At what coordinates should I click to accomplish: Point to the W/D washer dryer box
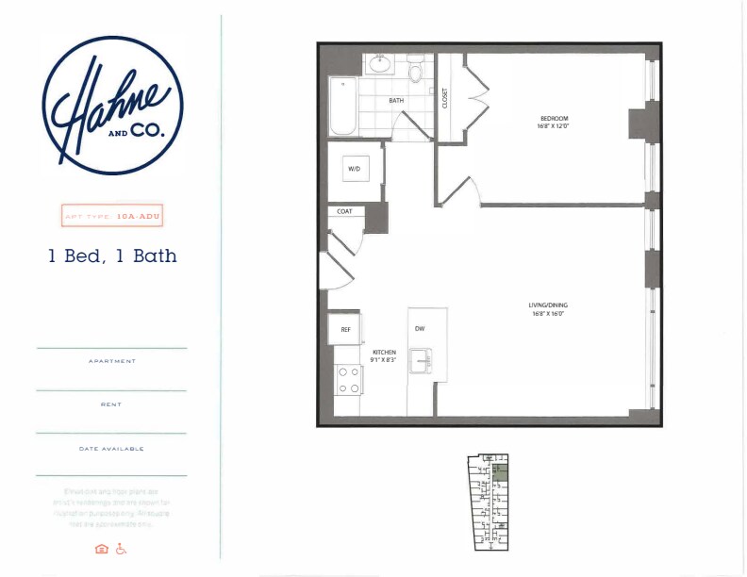point(356,169)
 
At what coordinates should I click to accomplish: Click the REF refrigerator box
point(346,330)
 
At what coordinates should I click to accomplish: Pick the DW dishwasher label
point(420,329)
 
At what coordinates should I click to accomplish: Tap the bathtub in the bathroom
point(341,107)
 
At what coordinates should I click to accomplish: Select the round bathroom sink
point(380,64)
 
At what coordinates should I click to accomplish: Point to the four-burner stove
point(348,378)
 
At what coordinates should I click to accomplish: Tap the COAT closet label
point(345,212)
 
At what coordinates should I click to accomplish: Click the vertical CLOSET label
point(446,97)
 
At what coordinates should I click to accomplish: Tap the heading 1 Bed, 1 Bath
point(113,255)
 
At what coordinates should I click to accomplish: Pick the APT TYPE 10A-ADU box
point(111,214)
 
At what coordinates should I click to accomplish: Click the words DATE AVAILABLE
point(111,449)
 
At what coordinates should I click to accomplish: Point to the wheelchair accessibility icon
point(121,549)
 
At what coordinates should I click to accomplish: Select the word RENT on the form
point(111,404)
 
